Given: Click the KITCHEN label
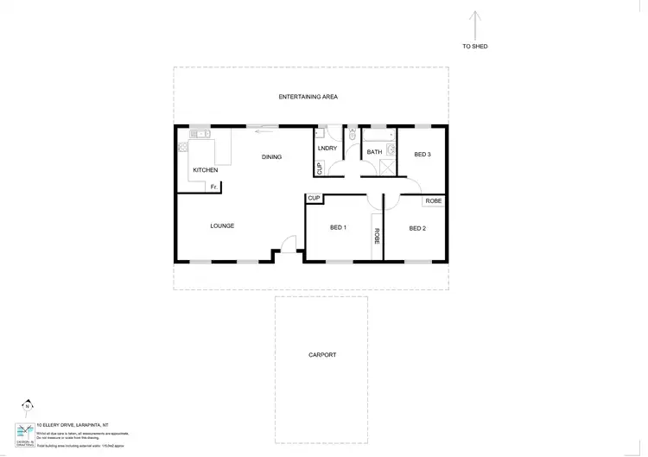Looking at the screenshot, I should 205,170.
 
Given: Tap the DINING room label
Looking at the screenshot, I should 272,156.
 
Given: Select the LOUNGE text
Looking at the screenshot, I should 222,226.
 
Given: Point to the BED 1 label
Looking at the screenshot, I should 338,228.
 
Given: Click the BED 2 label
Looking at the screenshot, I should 417,228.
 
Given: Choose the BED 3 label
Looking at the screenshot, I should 422,155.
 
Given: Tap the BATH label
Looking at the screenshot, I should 374,153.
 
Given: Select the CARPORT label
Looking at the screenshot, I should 321,355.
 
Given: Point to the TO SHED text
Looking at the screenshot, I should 475,46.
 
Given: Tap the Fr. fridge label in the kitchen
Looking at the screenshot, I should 213,187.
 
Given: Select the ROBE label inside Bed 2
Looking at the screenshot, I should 434,200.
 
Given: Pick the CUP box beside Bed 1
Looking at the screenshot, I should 314,199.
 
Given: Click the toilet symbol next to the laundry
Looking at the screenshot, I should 352,135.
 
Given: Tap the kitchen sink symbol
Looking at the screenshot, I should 201,134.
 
